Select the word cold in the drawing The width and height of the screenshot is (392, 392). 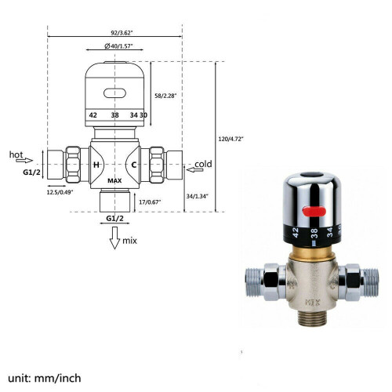tap(203, 164)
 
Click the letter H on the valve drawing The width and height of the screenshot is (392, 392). tap(96, 165)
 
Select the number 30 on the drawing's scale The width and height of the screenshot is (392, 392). tap(143, 114)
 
